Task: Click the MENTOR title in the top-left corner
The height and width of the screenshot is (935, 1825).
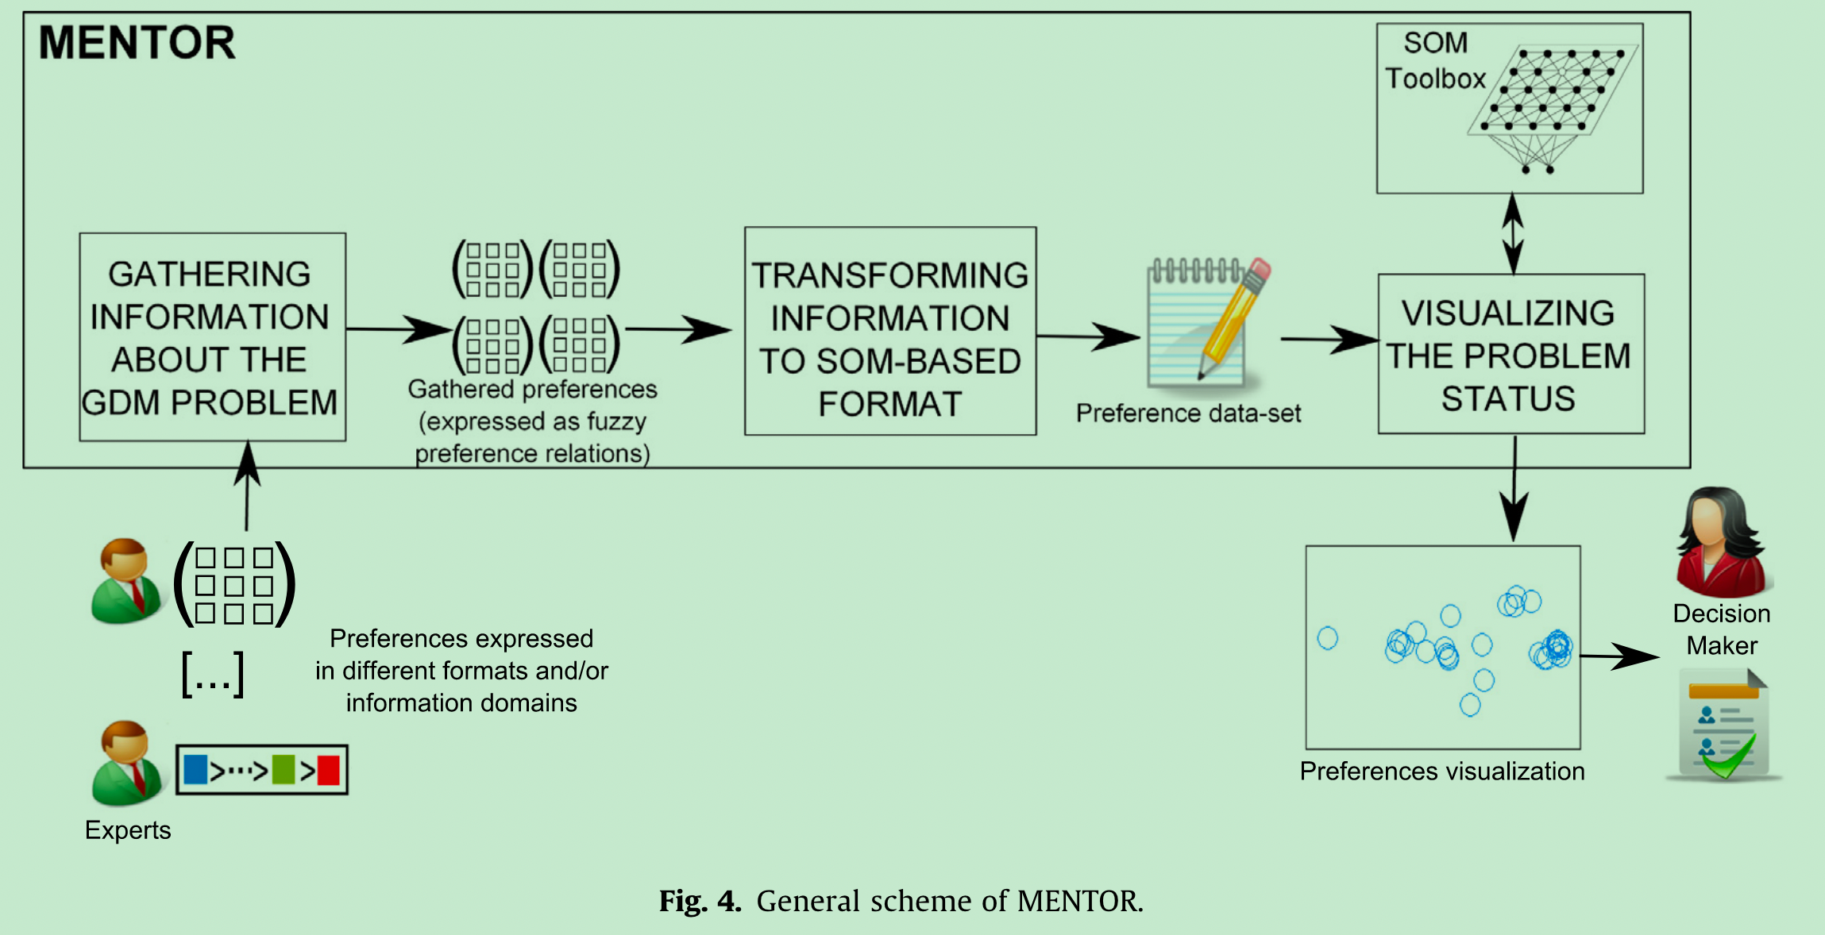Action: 137,43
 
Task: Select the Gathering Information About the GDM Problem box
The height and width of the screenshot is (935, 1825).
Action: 212,337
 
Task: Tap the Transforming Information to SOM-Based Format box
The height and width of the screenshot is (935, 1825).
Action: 890,332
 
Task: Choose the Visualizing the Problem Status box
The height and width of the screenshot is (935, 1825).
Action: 1511,355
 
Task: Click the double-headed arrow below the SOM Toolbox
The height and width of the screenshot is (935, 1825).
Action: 1513,233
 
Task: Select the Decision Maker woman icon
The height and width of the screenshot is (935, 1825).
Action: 1721,543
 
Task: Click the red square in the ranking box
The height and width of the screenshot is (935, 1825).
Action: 329,770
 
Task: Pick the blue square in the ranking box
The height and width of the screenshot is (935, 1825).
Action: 195,770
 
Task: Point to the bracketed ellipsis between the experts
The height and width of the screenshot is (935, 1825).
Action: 212,675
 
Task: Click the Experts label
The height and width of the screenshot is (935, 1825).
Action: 128,830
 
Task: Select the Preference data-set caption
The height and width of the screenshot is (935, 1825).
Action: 1188,414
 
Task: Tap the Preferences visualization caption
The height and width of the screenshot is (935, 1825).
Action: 1441,771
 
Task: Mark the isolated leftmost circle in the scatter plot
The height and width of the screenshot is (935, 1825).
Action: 1327,638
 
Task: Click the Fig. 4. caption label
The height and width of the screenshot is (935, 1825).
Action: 700,902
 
